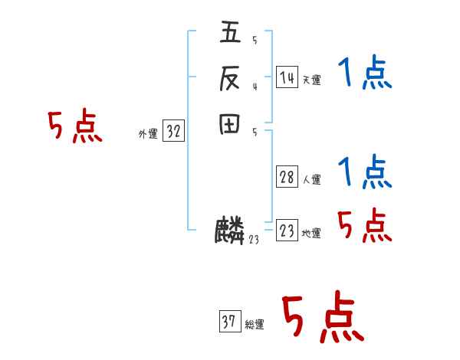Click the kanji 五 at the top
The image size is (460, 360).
(x=230, y=34)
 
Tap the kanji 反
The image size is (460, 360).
(x=230, y=78)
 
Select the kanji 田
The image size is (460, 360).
(x=230, y=123)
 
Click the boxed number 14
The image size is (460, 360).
(x=287, y=77)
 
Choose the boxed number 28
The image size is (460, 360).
(x=287, y=178)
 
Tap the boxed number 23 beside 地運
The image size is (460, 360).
(x=287, y=231)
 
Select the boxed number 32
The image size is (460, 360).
(x=173, y=132)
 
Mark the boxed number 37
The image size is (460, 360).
(x=229, y=322)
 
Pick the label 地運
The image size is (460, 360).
(x=311, y=234)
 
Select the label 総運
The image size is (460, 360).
(x=255, y=325)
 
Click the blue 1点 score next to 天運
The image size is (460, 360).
(x=365, y=74)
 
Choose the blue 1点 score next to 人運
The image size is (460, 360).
(x=365, y=172)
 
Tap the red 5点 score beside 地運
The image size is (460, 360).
(x=365, y=226)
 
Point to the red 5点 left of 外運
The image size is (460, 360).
(x=74, y=126)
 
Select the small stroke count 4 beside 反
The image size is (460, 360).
(x=255, y=86)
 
